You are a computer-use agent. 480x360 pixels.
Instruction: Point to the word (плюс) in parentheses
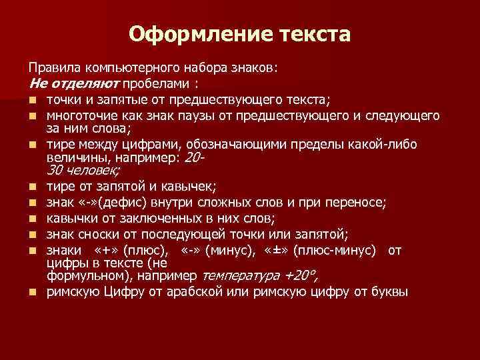(148, 250)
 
